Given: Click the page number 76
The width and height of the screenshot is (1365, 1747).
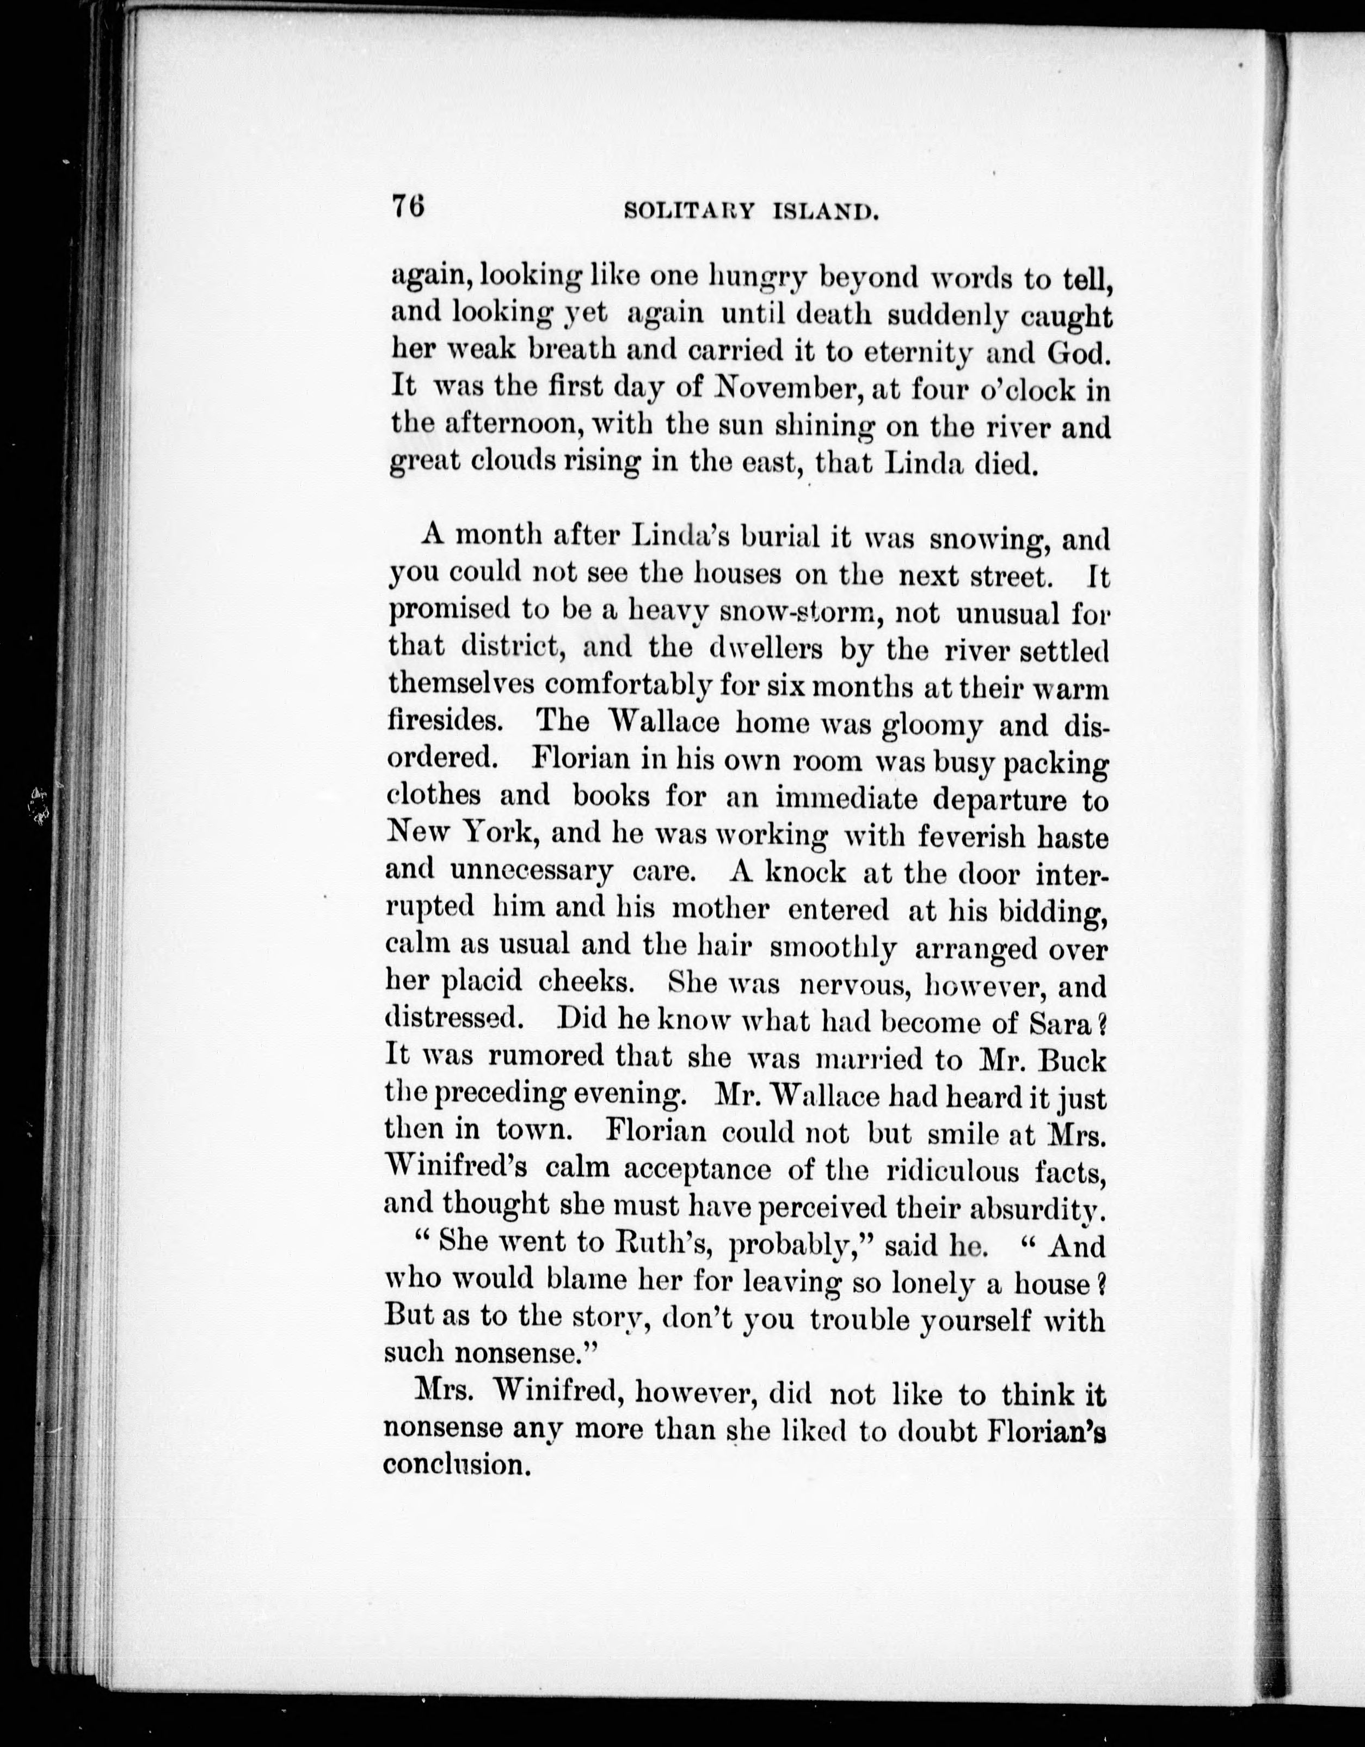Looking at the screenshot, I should (407, 206).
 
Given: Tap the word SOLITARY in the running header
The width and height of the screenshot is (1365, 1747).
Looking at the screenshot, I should (688, 211).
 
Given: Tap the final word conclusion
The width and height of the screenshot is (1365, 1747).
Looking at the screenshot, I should (457, 1464).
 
